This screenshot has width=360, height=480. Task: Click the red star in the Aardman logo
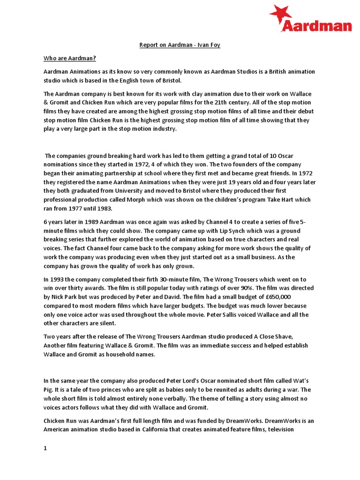[x=280, y=13]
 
